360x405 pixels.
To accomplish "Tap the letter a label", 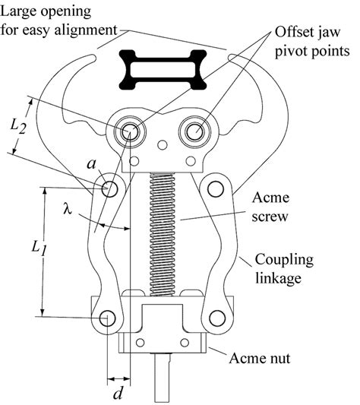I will pos(91,165).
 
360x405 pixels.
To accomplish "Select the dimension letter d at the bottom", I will pos(117,394).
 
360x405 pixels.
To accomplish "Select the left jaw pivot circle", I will pos(128,131).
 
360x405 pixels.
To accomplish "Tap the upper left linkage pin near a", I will pos(109,188).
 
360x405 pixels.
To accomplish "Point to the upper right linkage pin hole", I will pos(215,188).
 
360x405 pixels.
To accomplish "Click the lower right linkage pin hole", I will pos(217,318).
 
